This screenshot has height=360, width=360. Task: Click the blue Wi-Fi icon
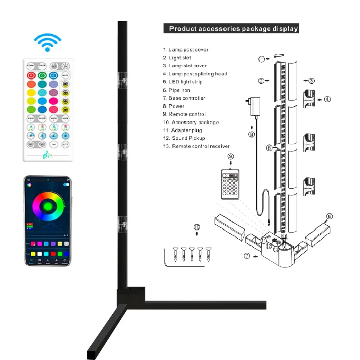pos(48,43)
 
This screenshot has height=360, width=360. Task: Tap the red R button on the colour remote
pos(32,76)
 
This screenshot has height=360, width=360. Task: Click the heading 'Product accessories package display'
pos(234,28)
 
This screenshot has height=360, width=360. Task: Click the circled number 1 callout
pos(262,59)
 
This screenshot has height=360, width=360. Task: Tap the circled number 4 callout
pos(327,99)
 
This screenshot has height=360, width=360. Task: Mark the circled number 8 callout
pos(252,134)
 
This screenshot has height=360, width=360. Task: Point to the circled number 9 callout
pos(231,156)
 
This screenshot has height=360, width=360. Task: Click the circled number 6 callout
pos(329,216)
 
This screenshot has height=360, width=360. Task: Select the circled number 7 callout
pos(247,256)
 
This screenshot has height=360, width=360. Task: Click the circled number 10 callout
pos(197,227)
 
